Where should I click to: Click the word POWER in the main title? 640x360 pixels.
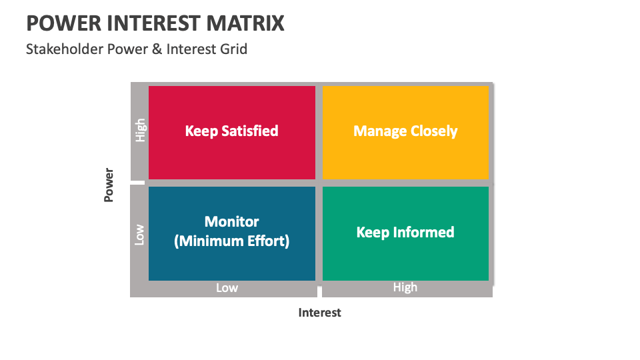point(64,23)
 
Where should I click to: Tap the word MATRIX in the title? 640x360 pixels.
point(245,23)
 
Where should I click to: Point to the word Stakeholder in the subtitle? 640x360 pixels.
point(65,49)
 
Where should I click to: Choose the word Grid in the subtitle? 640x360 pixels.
point(233,49)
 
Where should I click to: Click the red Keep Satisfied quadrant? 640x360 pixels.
point(232,133)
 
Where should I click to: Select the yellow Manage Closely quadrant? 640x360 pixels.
point(405,133)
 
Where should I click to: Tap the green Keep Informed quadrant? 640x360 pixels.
point(405,233)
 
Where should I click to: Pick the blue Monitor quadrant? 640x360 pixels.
point(232,233)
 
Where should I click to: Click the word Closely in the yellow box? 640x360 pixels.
point(434,131)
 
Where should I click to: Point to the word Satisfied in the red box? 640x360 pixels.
point(249,131)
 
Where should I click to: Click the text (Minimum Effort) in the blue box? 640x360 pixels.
point(232,241)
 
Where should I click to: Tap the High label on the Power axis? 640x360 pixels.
point(140,130)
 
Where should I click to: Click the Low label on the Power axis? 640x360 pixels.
point(139,235)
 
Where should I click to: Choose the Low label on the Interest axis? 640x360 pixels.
point(227,288)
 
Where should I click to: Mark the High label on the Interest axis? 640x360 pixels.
point(405,287)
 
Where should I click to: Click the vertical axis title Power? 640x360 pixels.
point(109,185)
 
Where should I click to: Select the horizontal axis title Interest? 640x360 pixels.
point(319,313)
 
